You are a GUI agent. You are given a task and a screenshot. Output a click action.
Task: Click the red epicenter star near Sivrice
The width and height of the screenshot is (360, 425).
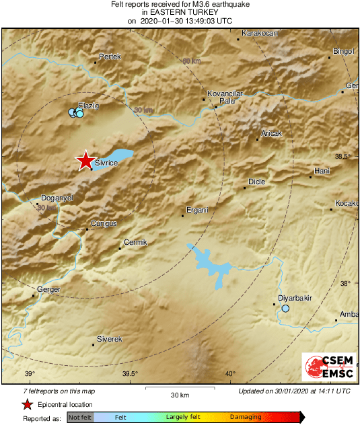(85, 161)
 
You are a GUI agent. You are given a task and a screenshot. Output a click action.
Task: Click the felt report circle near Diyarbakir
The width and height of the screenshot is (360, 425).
(285, 309)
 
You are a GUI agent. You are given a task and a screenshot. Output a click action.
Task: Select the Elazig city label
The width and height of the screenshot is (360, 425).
(89, 106)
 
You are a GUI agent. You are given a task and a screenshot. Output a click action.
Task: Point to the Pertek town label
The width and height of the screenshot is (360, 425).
(110, 57)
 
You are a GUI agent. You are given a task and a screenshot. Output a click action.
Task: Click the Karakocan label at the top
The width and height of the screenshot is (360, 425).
(260, 33)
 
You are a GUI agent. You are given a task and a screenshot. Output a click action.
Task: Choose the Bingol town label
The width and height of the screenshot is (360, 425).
(343, 51)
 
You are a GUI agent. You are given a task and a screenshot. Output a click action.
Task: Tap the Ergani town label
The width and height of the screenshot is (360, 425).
(198, 210)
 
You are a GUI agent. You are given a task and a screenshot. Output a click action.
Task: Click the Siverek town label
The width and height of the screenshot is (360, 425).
(109, 339)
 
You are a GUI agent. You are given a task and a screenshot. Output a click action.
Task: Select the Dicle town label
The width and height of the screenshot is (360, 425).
(257, 182)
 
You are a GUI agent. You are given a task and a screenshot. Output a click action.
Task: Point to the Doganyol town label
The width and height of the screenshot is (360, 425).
(57, 198)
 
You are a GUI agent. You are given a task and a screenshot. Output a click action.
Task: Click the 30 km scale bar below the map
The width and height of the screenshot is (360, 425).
(178, 388)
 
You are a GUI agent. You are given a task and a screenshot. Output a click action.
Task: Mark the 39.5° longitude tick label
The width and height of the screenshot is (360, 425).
(130, 374)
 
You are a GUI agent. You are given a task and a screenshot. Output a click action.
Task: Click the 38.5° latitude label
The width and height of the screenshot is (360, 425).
(344, 157)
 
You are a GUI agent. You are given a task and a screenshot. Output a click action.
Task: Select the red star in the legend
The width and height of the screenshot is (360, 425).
(27, 404)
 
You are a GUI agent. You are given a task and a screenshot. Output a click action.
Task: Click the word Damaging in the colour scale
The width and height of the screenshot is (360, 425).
(246, 418)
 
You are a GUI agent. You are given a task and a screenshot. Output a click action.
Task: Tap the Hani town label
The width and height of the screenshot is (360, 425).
(322, 171)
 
